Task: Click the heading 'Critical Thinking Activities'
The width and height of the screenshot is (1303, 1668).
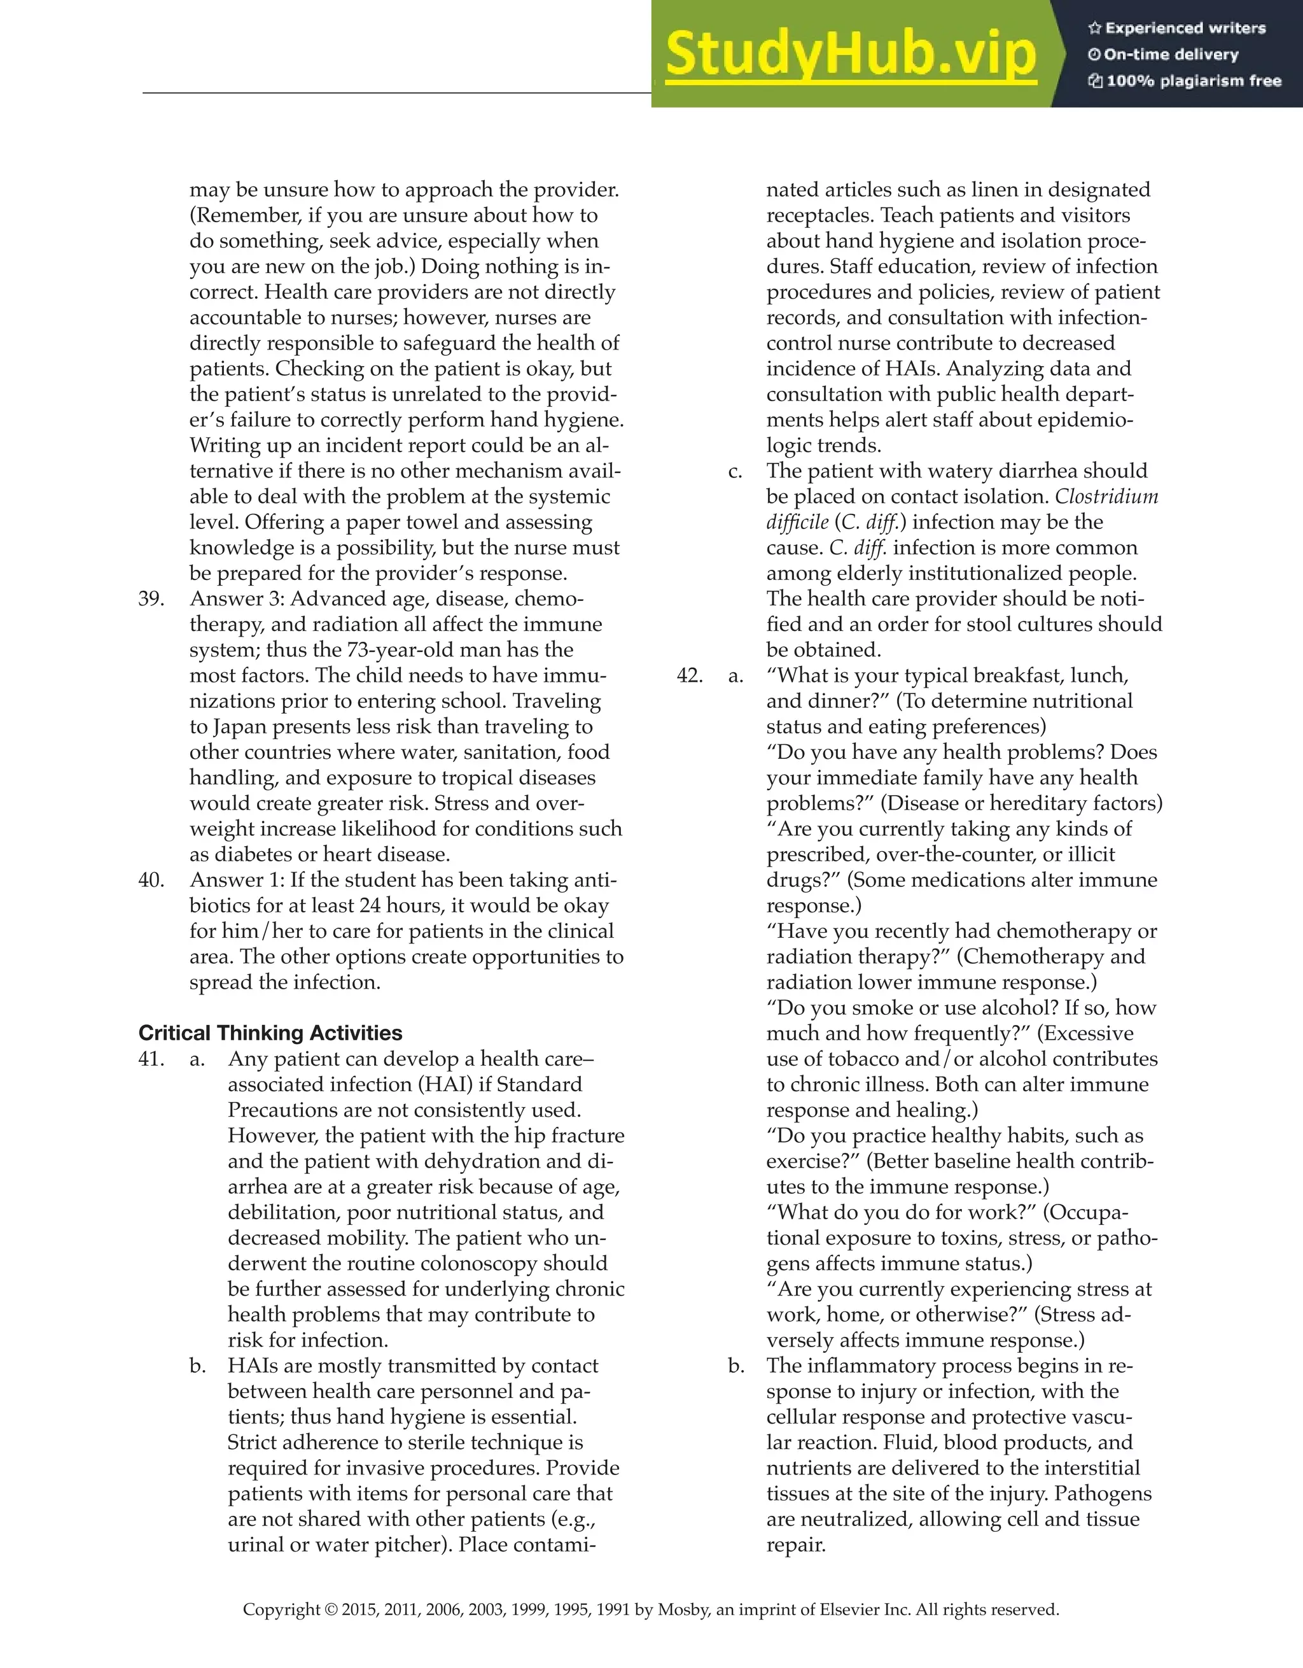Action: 270,1033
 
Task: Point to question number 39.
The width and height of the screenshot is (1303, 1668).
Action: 151,599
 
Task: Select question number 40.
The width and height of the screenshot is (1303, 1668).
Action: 151,880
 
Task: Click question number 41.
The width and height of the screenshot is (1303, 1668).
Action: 151,1059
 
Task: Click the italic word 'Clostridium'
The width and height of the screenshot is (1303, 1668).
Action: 1106,497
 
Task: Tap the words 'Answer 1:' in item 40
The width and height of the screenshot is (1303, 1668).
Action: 237,880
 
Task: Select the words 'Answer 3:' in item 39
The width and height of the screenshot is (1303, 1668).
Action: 237,599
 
